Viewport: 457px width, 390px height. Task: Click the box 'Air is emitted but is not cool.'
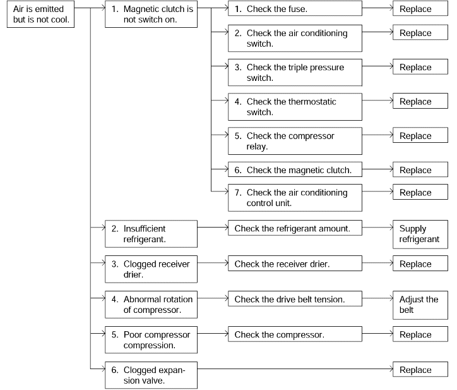tap(40, 14)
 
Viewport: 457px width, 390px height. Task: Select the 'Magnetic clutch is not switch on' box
tap(151, 14)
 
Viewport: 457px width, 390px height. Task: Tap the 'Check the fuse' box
tap(295, 8)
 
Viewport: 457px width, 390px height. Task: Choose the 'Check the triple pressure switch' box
tap(295, 73)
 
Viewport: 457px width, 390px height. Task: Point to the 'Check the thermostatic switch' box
tap(295, 107)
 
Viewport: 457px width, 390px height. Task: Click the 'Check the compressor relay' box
tap(295, 141)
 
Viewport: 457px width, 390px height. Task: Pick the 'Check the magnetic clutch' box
tap(295, 169)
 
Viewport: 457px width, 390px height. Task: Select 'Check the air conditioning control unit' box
tap(295, 198)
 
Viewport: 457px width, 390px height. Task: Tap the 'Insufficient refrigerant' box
tap(151, 234)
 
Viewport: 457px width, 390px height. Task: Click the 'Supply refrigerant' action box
tap(420, 235)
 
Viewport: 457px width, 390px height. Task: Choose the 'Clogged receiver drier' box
tap(151, 269)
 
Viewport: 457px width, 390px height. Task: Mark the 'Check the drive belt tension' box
tap(295, 298)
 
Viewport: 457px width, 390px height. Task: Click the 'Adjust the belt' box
tap(420, 305)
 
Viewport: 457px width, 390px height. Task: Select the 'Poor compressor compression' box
tap(151, 340)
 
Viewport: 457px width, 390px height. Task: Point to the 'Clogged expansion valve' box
tap(151, 375)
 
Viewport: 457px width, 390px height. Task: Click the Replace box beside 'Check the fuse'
tap(420, 8)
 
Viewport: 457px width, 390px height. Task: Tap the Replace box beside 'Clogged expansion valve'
tap(420, 369)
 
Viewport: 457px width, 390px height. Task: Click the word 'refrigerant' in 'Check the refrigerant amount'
tap(295, 229)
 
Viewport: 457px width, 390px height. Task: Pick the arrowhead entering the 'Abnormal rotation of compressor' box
tap(103, 298)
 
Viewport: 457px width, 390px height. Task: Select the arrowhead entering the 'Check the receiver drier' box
tap(226, 263)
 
